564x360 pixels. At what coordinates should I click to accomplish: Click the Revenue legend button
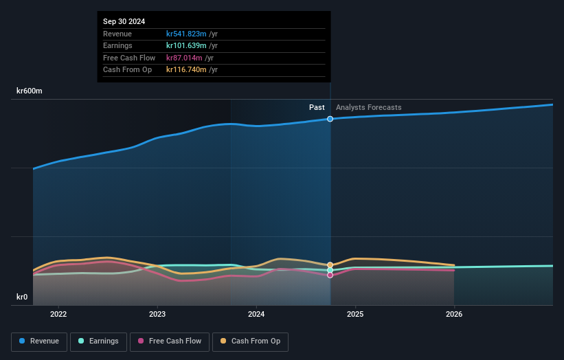(x=40, y=341)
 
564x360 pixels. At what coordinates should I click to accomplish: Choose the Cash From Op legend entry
(x=250, y=341)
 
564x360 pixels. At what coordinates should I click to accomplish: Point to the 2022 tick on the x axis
(x=58, y=315)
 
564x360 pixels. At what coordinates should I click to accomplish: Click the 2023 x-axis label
(x=157, y=315)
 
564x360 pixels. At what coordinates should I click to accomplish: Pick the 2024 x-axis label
(x=256, y=315)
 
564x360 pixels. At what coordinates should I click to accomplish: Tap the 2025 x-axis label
(x=355, y=315)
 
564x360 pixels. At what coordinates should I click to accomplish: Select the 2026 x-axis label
(x=454, y=315)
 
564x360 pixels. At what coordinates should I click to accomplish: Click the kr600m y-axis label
(x=30, y=91)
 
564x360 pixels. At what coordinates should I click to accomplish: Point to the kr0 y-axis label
(x=22, y=297)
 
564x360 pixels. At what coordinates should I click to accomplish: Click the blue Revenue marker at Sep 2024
(x=330, y=119)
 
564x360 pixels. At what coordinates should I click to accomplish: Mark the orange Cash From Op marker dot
(x=330, y=265)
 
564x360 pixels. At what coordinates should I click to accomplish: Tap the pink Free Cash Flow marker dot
(x=330, y=275)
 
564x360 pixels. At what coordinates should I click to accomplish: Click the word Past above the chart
(x=317, y=107)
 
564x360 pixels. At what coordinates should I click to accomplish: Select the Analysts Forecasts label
(x=368, y=107)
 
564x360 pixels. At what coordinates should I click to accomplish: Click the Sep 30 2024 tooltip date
(x=124, y=22)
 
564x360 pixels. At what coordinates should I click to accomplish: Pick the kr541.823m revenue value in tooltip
(x=186, y=34)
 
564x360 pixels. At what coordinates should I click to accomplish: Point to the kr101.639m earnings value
(x=186, y=46)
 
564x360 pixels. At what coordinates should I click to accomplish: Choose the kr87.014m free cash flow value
(x=184, y=58)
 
